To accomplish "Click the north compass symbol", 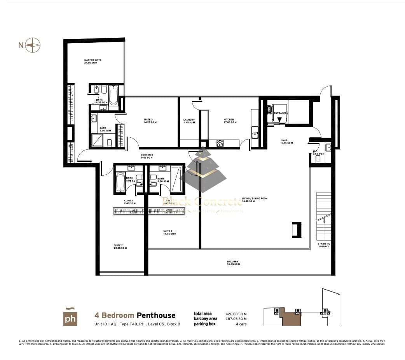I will click(33, 45).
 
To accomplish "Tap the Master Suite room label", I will click(93, 61).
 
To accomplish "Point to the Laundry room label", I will click(189, 121).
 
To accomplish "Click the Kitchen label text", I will click(229, 121).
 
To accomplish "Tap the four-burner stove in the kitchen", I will click(220, 143).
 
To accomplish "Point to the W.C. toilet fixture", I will click(318, 159).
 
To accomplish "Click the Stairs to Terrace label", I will click(324, 245).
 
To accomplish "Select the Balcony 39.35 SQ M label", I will click(233, 263).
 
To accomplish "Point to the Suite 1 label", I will click(169, 232).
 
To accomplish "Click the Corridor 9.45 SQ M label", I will click(147, 156).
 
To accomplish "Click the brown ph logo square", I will click(70, 318).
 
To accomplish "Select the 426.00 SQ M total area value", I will click(236, 314).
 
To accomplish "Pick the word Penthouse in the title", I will click(156, 315).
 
